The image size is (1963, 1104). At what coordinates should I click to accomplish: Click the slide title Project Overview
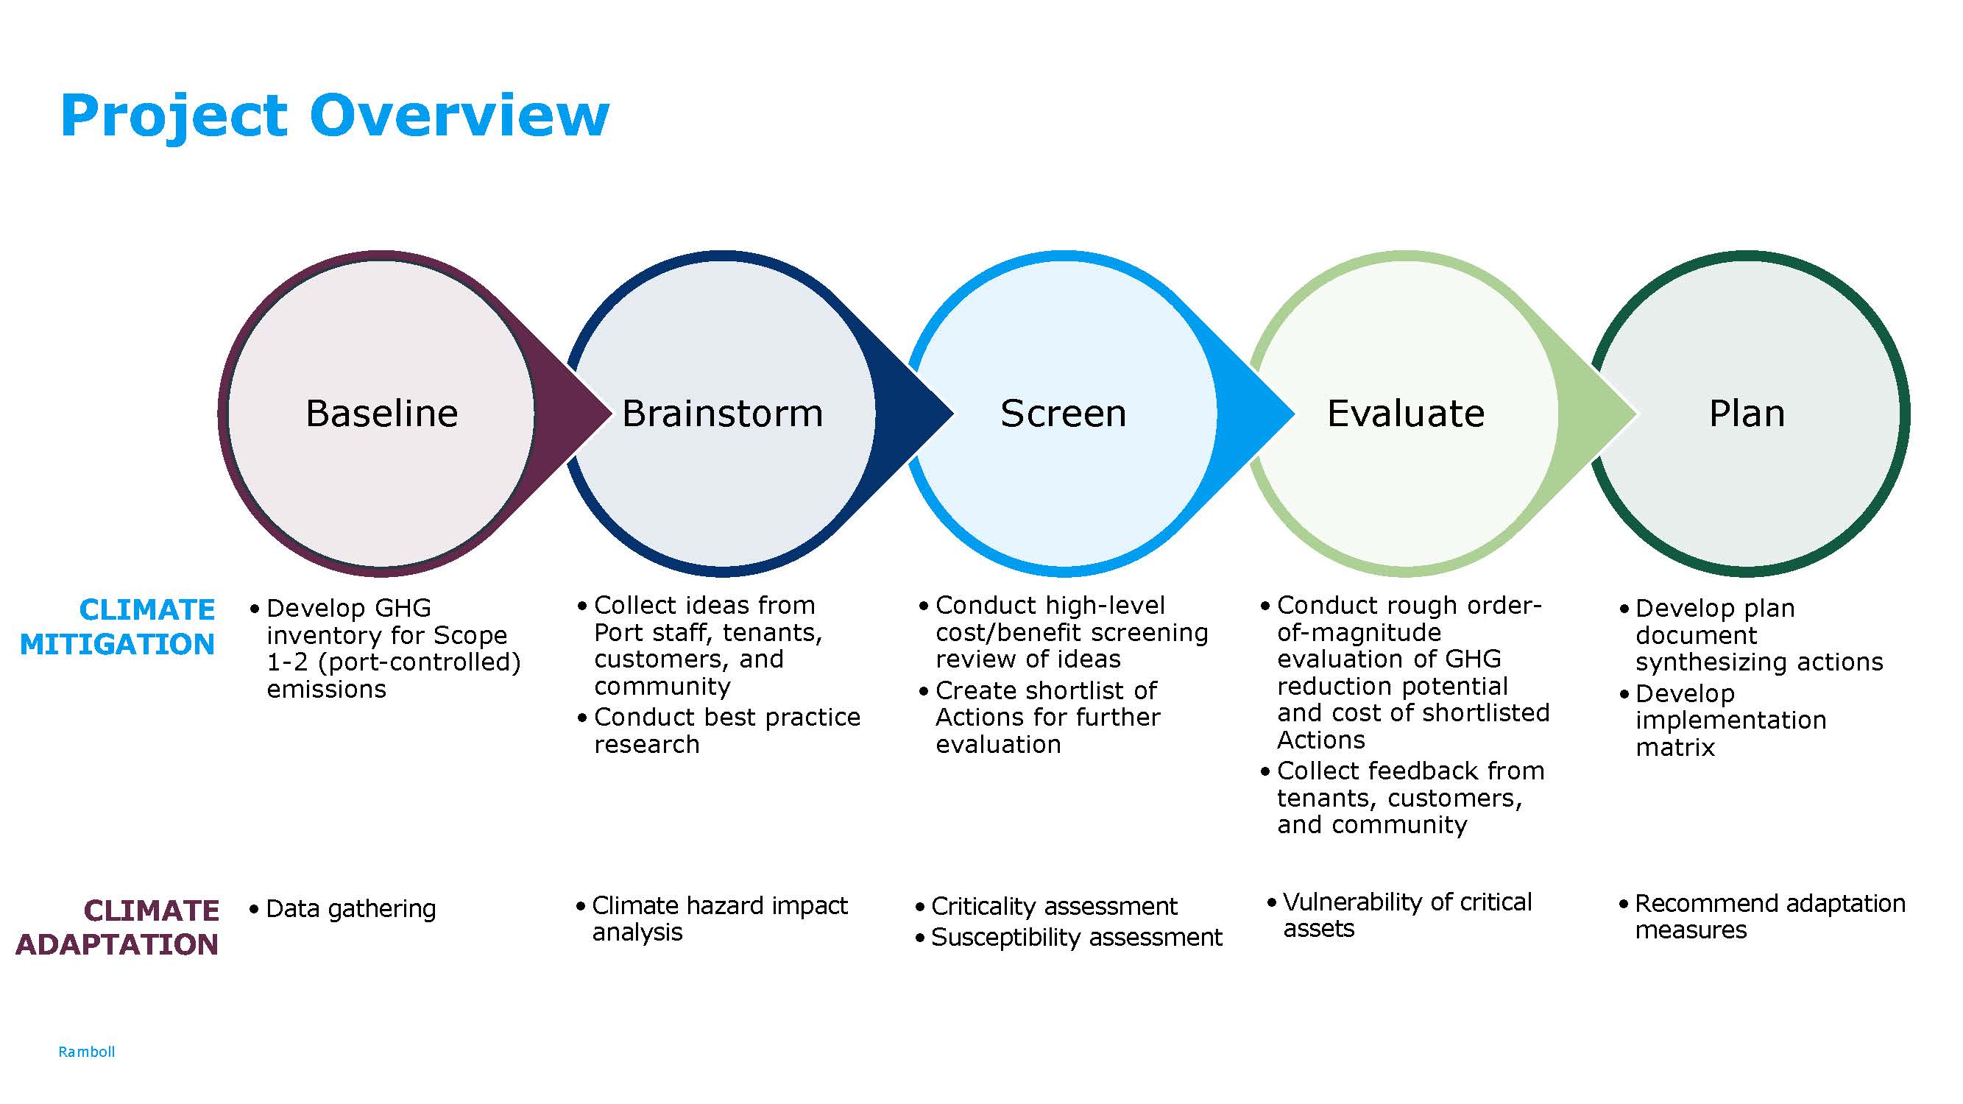(x=335, y=116)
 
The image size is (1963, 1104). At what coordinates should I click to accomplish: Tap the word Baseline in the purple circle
(x=382, y=414)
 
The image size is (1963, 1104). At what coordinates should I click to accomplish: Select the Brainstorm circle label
(x=722, y=414)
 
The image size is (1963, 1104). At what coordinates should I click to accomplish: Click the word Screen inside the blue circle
(x=1063, y=414)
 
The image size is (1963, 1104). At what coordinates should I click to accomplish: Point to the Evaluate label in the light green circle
(x=1405, y=414)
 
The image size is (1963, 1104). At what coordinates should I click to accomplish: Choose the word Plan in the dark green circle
(x=1747, y=414)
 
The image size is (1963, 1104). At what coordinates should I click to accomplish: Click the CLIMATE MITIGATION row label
(x=118, y=626)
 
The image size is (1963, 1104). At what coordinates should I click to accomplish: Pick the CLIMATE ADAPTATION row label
(x=118, y=927)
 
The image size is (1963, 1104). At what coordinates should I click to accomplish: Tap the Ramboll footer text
(x=86, y=1052)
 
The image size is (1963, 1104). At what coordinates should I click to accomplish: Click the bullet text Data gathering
(x=350, y=908)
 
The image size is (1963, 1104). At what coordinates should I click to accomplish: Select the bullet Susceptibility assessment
(x=1076, y=937)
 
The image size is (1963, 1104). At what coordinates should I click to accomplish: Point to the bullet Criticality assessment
(x=1054, y=906)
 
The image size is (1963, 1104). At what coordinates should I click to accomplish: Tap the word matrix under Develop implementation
(x=1675, y=748)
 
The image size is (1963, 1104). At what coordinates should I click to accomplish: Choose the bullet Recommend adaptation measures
(x=1769, y=916)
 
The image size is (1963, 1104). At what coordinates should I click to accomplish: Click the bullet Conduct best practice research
(x=726, y=730)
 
